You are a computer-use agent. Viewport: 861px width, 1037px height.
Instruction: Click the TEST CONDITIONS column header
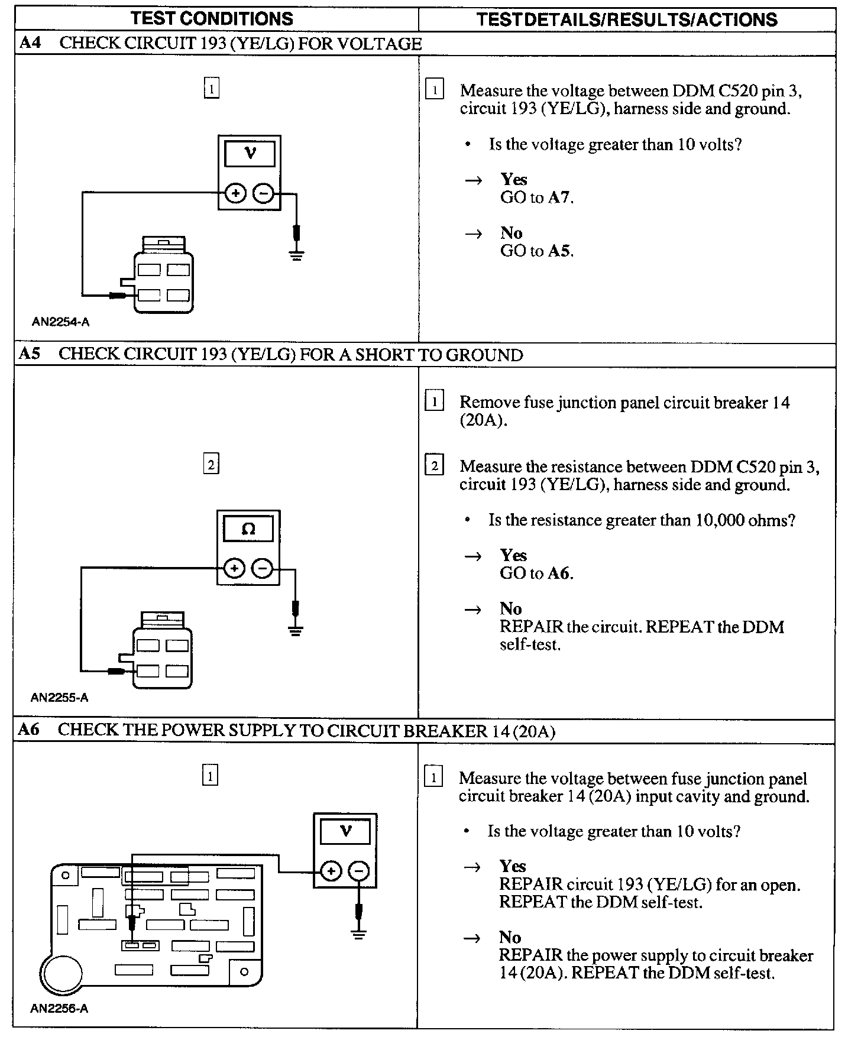tap(212, 18)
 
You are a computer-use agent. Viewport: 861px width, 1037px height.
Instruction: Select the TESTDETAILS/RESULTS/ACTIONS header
tap(627, 20)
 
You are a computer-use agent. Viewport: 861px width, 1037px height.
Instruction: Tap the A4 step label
tap(30, 43)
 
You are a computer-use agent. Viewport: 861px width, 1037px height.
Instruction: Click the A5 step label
tap(30, 354)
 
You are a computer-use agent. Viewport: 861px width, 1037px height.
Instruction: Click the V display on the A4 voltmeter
tap(250, 154)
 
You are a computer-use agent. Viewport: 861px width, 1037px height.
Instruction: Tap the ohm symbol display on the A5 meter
tap(248, 529)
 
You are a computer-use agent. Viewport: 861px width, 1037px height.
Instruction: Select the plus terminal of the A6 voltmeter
tap(331, 871)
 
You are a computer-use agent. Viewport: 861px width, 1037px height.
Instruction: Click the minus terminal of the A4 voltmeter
tap(264, 193)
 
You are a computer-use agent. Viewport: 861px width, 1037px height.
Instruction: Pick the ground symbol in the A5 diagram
tap(296, 630)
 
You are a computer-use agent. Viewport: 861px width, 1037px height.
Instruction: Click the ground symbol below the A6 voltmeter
tap(358, 934)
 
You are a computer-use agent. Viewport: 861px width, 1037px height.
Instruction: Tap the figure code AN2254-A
tap(60, 322)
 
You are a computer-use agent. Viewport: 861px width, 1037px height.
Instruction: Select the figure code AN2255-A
tap(59, 698)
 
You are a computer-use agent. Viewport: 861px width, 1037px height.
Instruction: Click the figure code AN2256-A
tap(59, 1009)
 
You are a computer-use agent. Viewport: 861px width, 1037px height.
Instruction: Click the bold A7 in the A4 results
tap(559, 197)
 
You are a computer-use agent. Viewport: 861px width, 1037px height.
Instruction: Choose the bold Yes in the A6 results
tap(512, 866)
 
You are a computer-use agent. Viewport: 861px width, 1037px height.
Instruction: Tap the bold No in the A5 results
tap(511, 609)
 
